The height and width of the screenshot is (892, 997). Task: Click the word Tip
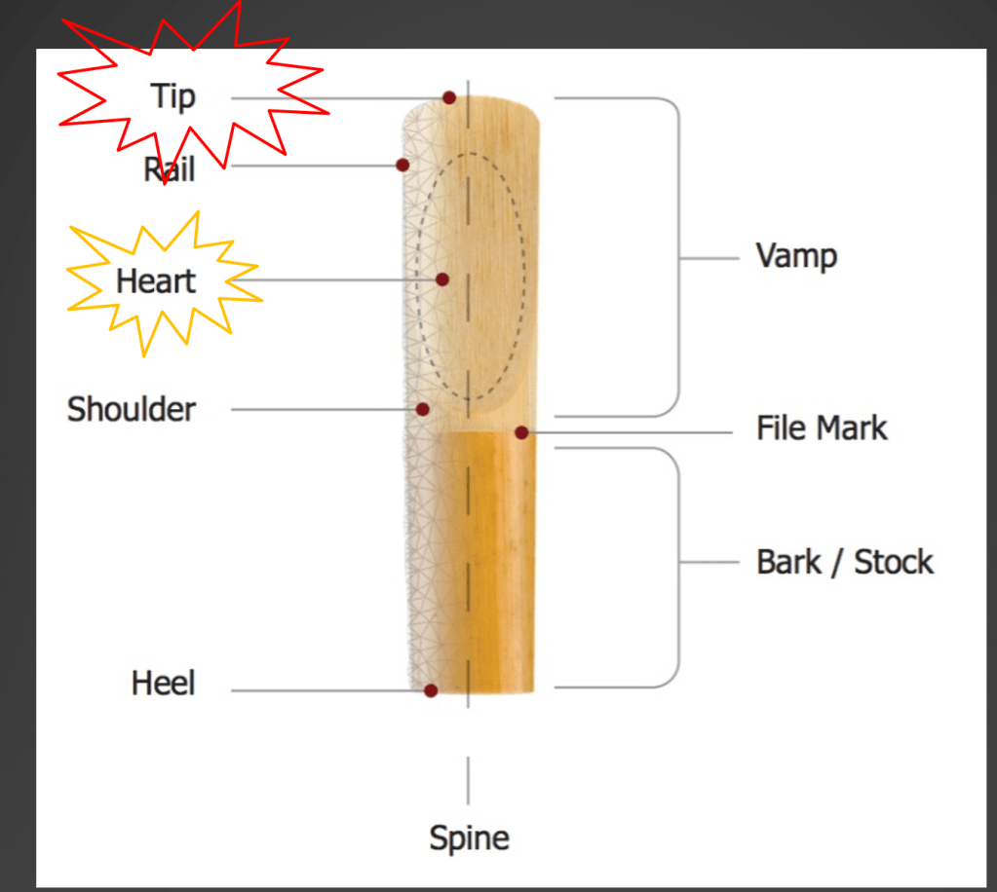(x=173, y=96)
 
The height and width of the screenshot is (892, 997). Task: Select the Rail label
(x=170, y=168)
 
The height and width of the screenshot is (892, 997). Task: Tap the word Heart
(x=156, y=281)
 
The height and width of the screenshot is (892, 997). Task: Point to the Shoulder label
(x=131, y=409)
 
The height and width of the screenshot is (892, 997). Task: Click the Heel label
(x=163, y=683)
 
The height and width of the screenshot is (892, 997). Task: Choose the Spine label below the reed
(x=469, y=837)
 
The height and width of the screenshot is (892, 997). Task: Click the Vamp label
(x=796, y=257)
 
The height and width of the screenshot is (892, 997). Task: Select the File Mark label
(x=822, y=428)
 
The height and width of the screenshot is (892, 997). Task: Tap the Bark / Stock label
(x=844, y=562)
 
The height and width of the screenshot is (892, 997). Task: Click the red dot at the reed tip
(x=449, y=97)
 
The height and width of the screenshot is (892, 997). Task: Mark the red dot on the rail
(x=402, y=166)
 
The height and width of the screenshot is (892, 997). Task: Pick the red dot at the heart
(x=442, y=279)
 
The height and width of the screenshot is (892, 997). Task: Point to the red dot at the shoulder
(x=423, y=409)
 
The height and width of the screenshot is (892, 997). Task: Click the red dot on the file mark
(x=521, y=432)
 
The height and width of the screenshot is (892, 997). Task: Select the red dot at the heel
(x=431, y=690)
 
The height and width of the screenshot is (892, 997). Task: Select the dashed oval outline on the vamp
(x=523, y=282)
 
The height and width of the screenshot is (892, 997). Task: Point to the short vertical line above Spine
(x=469, y=780)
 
